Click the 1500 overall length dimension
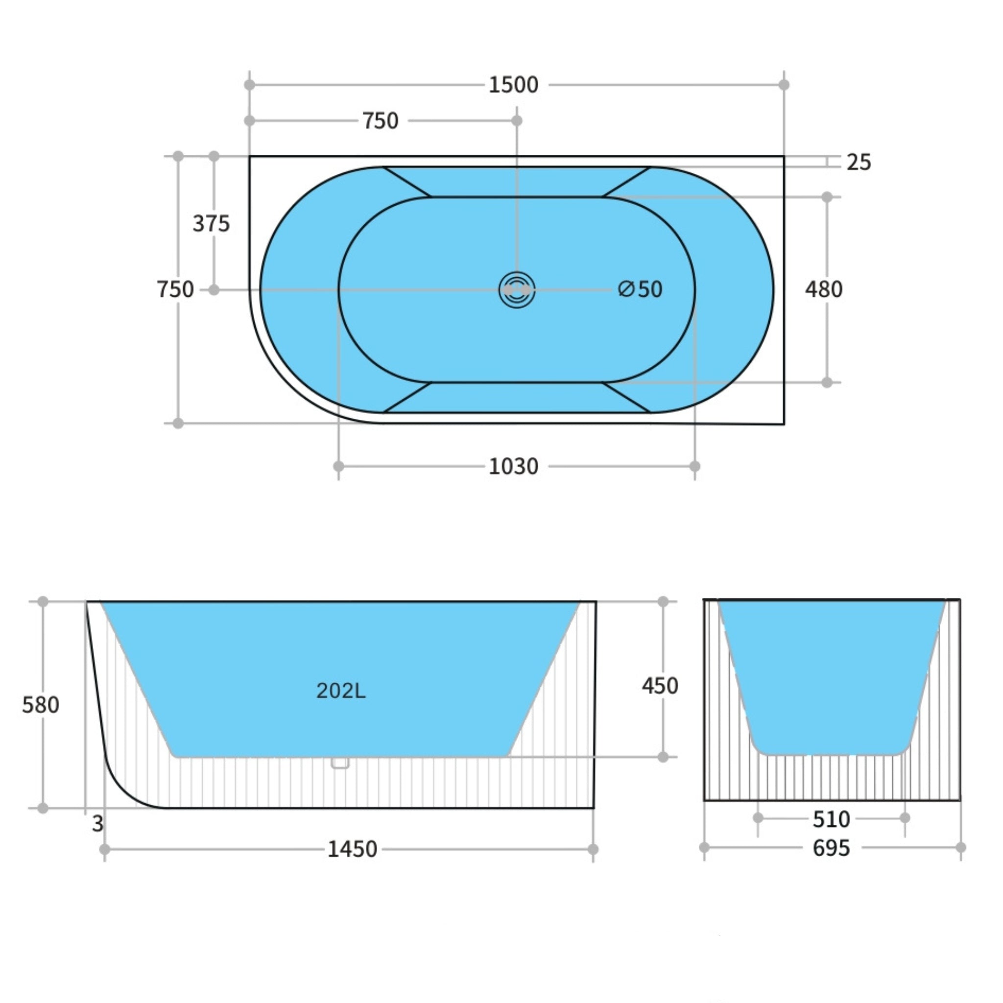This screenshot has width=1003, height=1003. click(x=513, y=85)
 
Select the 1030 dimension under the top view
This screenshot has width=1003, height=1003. click(x=513, y=467)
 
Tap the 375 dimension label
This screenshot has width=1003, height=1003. click(x=211, y=224)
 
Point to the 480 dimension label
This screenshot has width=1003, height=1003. click(x=823, y=289)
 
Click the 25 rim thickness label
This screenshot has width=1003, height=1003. click(x=859, y=163)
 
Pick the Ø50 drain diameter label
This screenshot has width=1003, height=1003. click(x=640, y=289)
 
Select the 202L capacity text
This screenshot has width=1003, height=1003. click(x=340, y=691)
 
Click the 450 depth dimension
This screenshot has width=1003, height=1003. click(x=660, y=686)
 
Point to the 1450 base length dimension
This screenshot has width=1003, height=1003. click(x=352, y=850)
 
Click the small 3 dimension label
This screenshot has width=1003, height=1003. click(x=97, y=824)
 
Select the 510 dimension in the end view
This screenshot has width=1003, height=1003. click(x=831, y=820)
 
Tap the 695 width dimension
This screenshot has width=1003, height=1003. click(x=831, y=848)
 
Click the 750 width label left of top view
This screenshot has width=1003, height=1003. click(x=175, y=289)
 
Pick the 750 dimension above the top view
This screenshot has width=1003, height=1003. click(x=380, y=121)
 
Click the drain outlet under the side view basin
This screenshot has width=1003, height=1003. click(x=340, y=763)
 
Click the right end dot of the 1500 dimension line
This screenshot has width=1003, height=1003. click(x=784, y=85)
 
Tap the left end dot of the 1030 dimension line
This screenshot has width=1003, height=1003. click(x=338, y=466)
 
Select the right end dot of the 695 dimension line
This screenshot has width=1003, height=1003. click(x=960, y=847)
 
